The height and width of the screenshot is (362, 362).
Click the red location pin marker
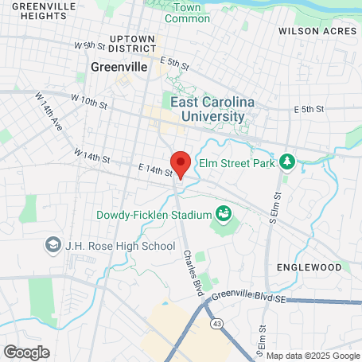(x=181, y=165)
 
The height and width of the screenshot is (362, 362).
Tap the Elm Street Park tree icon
(x=287, y=163)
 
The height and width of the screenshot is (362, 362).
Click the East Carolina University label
(x=207, y=109)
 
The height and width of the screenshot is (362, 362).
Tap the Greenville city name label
(x=119, y=68)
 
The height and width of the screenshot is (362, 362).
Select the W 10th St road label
(x=89, y=103)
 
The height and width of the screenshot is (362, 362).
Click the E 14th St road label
(x=154, y=171)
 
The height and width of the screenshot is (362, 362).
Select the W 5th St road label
(x=89, y=46)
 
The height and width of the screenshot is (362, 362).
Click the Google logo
(x=26, y=352)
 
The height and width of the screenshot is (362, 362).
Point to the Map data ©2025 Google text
(x=312, y=356)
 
